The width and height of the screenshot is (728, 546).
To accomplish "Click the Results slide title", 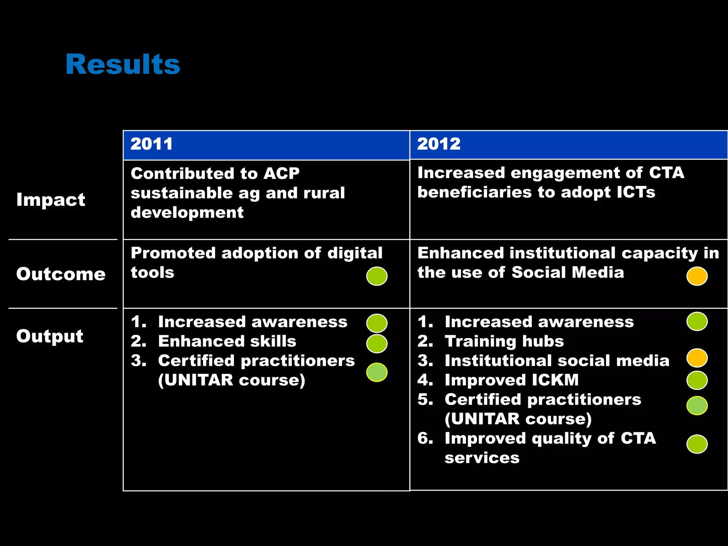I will click(123, 64).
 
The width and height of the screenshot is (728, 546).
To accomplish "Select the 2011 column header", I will click(151, 144).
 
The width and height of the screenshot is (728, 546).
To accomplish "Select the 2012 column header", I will click(439, 144).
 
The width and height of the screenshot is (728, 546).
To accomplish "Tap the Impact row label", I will click(51, 199).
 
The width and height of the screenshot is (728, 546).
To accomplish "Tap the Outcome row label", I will click(61, 274).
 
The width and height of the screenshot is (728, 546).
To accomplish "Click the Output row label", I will click(50, 336).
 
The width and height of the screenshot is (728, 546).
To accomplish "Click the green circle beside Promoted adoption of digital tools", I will click(377, 276).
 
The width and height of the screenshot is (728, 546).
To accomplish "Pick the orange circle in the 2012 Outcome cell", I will click(697, 276).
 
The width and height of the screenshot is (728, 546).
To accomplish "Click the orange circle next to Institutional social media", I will click(697, 358).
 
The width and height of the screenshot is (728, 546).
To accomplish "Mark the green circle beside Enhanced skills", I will click(377, 343).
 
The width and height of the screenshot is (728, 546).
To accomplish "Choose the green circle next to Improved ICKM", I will click(697, 380).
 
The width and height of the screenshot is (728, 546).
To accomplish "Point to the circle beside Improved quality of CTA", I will click(697, 444).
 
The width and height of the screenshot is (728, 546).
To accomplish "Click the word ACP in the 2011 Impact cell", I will click(281, 173).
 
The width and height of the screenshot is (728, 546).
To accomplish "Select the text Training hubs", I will click(504, 341).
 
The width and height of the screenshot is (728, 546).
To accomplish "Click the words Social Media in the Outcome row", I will click(568, 273).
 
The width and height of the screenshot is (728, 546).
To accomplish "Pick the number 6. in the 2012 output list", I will click(425, 438).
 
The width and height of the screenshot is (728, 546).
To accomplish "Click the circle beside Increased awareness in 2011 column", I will click(377, 323).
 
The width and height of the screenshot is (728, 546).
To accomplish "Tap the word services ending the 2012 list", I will click(482, 458).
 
